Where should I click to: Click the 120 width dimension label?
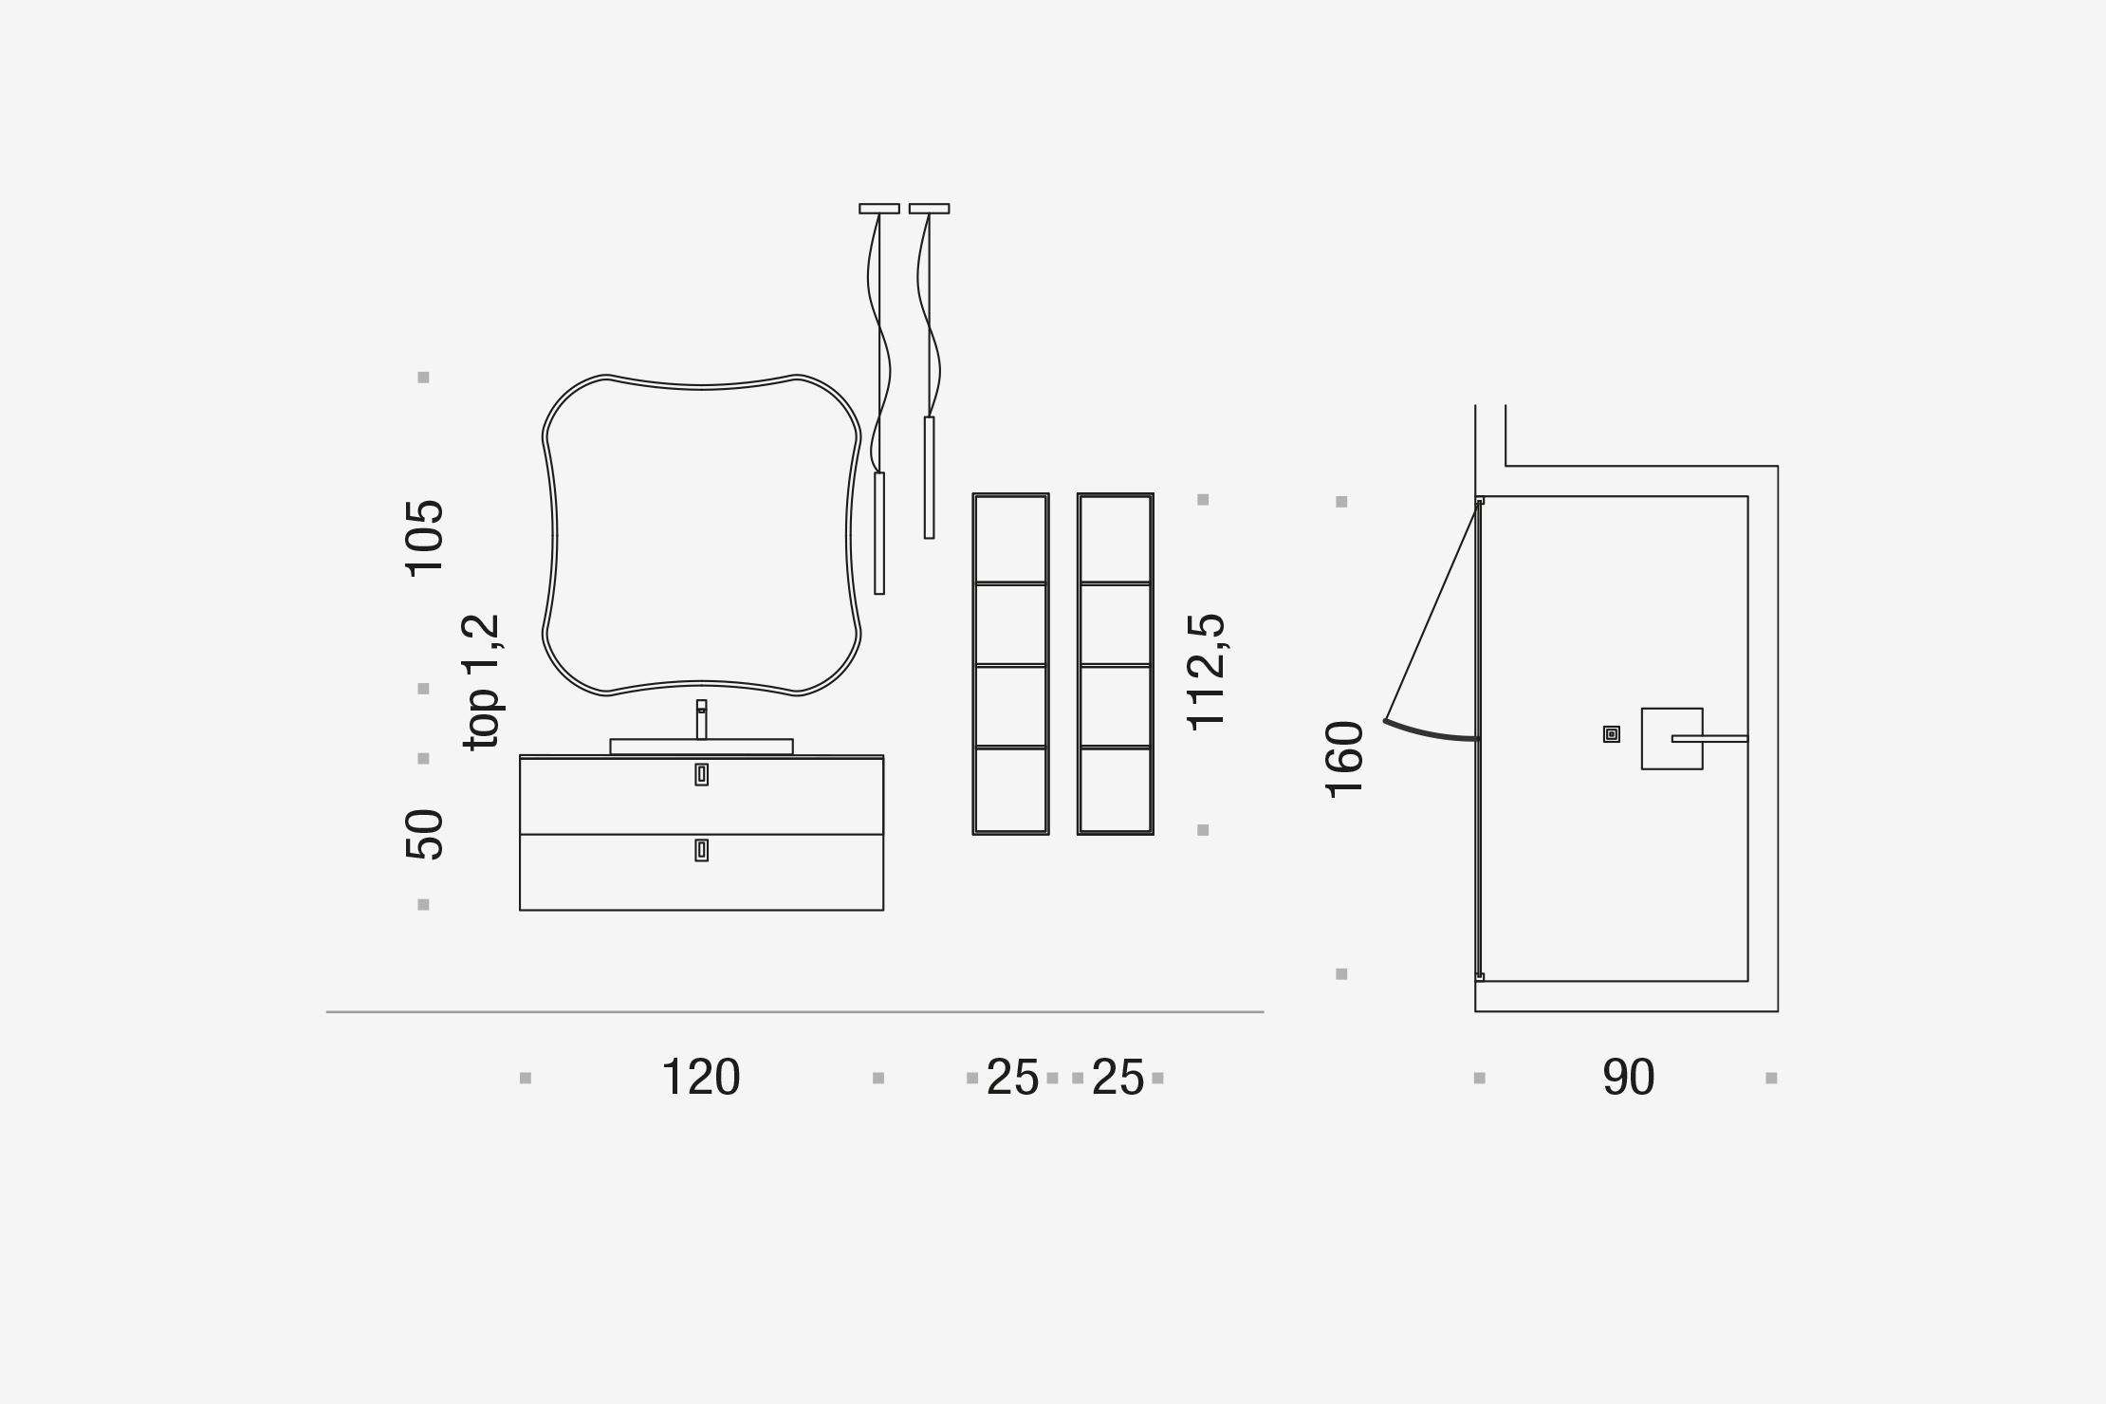(700, 1078)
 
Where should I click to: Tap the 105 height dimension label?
(424, 537)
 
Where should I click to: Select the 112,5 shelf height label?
(1207, 672)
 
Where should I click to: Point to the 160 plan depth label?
(1344, 759)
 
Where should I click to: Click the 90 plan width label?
(1628, 1078)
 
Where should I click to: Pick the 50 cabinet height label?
(424, 834)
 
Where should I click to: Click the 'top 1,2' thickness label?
(481, 682)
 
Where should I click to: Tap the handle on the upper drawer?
(701, 774)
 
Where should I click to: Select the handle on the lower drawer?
(701, 850)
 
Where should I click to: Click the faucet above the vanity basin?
(701, 719)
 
